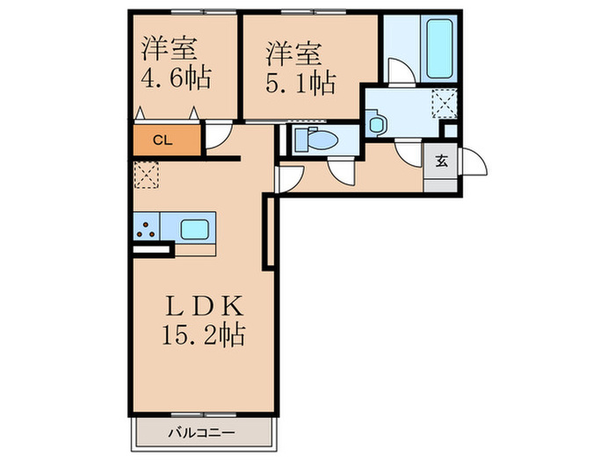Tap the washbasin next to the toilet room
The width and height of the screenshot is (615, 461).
377,125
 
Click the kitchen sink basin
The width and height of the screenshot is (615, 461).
196,229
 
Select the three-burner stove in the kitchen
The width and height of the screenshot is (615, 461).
146,229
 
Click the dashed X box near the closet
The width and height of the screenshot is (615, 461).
145,174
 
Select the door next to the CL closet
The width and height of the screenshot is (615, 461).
218,137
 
